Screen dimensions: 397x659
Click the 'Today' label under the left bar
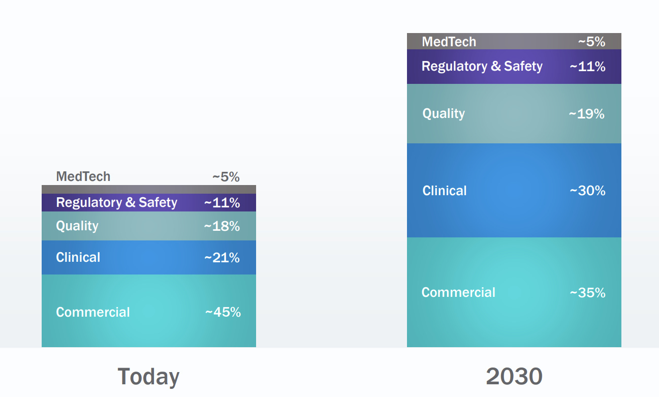click(x=148, y=377)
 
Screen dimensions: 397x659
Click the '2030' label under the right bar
click(x=514, y=377)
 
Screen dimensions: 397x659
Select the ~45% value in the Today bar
click(x=223, y=312)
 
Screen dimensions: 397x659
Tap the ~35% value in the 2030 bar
click(x=587, y=293)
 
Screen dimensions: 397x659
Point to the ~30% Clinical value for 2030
click(x=587, y=191)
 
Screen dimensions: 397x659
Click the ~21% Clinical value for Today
click(x=222, y=258)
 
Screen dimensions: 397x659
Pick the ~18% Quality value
click(x=222, y=226)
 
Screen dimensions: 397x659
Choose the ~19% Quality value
click(x=587, y=114)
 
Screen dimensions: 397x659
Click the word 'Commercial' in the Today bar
click(x=93, y=312)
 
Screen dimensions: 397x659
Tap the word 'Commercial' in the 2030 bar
click(x=458, y=293)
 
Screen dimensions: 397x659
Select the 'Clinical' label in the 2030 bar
click(x=444, y=191)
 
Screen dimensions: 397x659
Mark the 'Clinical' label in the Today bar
click(x=78, y=258)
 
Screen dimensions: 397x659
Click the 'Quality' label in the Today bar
click(x=77, y=226)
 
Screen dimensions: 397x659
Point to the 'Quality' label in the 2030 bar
click(x=444, y=113)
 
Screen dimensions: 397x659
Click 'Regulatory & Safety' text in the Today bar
click(x=117, y=203)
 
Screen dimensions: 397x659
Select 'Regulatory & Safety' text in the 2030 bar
click(x=482, y=67)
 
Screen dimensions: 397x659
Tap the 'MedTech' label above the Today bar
click(x=83, y=177)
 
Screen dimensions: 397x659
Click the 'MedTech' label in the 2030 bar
click(x=449, y=42)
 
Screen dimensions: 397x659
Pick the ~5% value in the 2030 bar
click(x=591, y=42)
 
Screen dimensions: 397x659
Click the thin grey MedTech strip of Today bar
click(x=148, y=189)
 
